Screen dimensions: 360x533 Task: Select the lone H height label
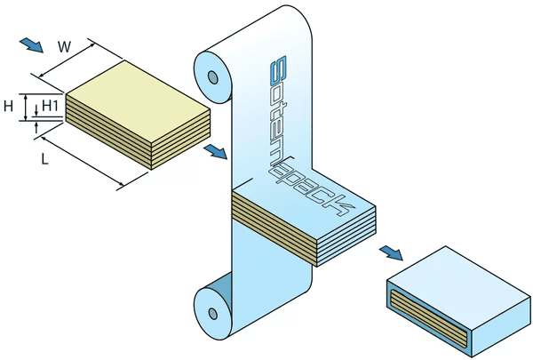[x=8, y=107]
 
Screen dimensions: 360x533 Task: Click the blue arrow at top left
[x=30, y=44]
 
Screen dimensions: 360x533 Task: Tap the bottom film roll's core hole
[x=212, y=313]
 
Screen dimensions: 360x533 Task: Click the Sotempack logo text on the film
[x=302, y=133]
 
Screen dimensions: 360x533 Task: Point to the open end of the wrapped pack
[x=427, y=315]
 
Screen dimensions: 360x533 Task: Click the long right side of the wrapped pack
[x=497, y=315]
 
